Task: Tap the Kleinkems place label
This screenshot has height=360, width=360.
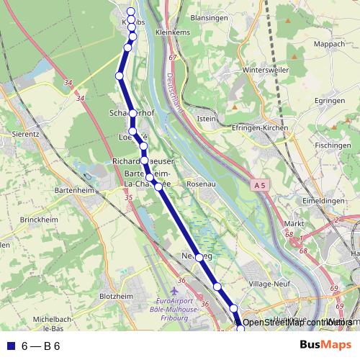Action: click(x=175, y=32)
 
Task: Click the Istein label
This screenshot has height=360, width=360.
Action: click(x=206, y=118)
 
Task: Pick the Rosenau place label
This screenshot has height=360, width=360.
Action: click(x=202, y=184)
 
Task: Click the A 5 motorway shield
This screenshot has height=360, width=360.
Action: click(x=261, y=185)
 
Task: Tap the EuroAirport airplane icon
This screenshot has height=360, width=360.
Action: click(x=175, y=289)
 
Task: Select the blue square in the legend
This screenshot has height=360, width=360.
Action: click(x=10, y=346)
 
